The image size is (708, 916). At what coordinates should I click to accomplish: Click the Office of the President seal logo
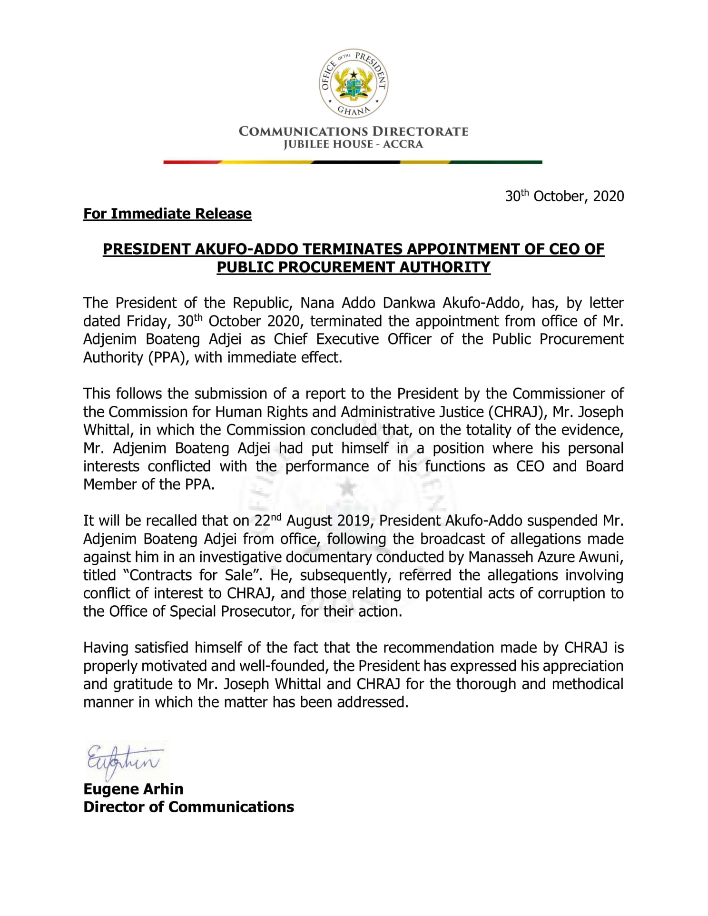click(354, 84)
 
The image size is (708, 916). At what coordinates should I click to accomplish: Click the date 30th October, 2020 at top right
click(564, 196)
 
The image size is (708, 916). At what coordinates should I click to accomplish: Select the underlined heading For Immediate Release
click(167, 214)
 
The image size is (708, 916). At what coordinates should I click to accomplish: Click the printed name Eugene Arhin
click(133, 789)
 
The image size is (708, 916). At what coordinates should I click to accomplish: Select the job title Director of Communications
click(188, 807)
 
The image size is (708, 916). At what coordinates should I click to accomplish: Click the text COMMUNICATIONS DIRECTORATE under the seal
click(353, 131)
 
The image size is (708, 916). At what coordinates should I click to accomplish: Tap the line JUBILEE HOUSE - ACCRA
click(353, 144)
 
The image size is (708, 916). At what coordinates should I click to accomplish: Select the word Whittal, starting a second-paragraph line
click(109, 430)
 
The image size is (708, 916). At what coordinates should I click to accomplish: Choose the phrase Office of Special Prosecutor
click(200, 611)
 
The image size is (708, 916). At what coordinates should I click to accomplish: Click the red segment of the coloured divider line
click(190, 162)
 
